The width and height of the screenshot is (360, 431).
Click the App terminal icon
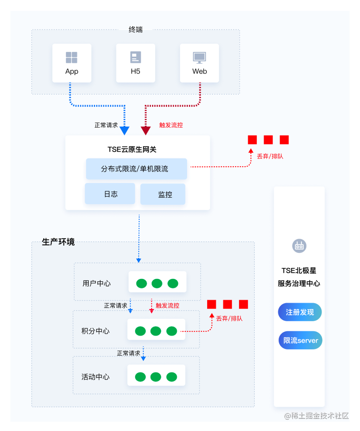(72, 57)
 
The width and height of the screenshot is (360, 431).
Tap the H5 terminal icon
(135, 57)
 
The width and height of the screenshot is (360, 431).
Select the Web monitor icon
(200, 58)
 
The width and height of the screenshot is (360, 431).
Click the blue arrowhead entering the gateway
(125, 131)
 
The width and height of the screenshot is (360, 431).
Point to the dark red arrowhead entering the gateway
(146, 131)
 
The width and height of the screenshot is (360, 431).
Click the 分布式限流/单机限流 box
(137, 169)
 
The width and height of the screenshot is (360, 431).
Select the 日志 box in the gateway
(110, 194)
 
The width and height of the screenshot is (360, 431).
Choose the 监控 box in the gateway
(163, 195)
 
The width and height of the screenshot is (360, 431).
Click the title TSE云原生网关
(132, 149)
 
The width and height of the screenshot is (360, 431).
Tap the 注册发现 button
(300, 312)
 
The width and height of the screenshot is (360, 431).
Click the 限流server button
(300, 340)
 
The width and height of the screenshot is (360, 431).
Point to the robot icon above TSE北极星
(299, 246)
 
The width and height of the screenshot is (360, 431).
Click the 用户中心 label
(96, 283)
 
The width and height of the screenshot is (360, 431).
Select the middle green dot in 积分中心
(156, 331)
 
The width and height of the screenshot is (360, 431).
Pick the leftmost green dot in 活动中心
(140, 377)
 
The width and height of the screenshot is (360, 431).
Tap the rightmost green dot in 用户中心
(173, 283)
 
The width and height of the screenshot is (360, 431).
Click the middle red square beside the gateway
(268, 140)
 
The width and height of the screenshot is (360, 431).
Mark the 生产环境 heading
(58, 242)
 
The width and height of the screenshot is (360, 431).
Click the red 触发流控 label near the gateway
(171, 125)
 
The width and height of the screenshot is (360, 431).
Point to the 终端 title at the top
(135, 29)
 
